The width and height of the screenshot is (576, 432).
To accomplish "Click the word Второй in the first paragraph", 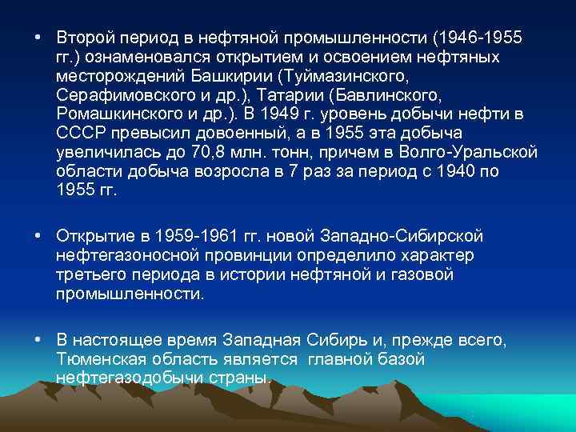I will (82, 38).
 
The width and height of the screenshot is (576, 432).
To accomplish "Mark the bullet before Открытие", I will (38, 236).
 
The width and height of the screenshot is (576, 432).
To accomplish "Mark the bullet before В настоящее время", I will (38, 340).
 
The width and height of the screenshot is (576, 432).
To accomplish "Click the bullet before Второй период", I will (38, 38).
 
